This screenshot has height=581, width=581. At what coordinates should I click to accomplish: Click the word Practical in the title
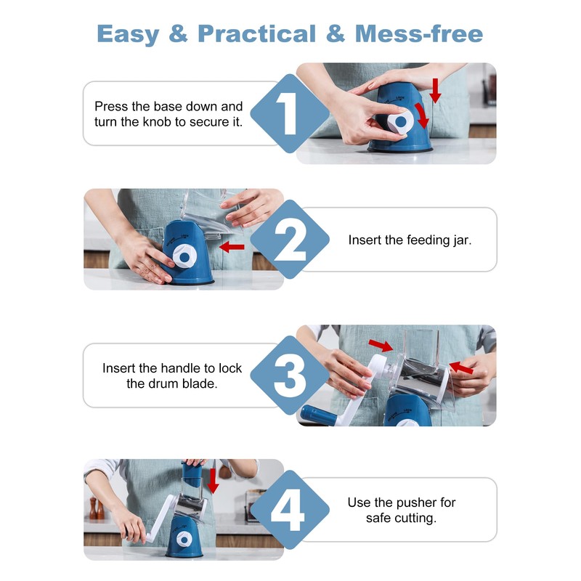coord(257,34)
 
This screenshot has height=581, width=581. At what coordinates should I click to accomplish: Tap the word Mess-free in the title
coord(419,34)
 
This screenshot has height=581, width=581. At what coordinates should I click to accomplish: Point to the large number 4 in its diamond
coord(288,510)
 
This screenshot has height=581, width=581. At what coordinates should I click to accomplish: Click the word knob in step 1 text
coord(156,122)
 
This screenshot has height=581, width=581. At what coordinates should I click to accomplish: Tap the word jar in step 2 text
coord(462,240)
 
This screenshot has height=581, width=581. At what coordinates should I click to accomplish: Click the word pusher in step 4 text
coord(413,503)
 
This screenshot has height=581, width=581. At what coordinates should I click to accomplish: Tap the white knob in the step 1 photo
coord(400,121)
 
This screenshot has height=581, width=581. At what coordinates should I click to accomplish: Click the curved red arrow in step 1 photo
coord(422,115)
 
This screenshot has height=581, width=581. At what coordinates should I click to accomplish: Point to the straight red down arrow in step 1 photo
coord(435,91)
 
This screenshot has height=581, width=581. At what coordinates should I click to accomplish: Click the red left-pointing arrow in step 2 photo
coord(232,247)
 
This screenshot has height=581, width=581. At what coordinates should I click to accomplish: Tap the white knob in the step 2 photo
coord(184,256)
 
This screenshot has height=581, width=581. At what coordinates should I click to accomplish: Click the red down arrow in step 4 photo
coord(213,481)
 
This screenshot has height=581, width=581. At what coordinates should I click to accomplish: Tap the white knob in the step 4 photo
coord(184,539)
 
